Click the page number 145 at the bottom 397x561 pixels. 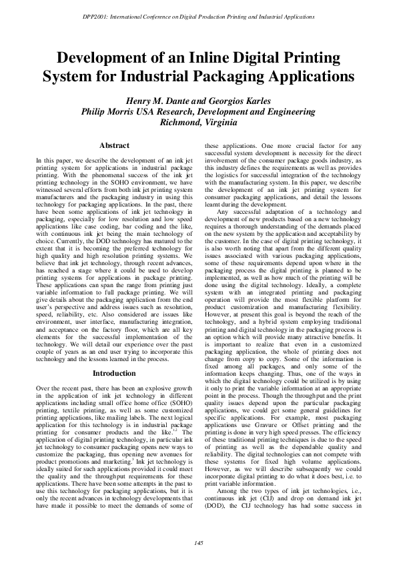pos(198,544)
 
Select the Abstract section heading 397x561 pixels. pos(114,145)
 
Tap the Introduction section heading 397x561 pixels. pos(114,374)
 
